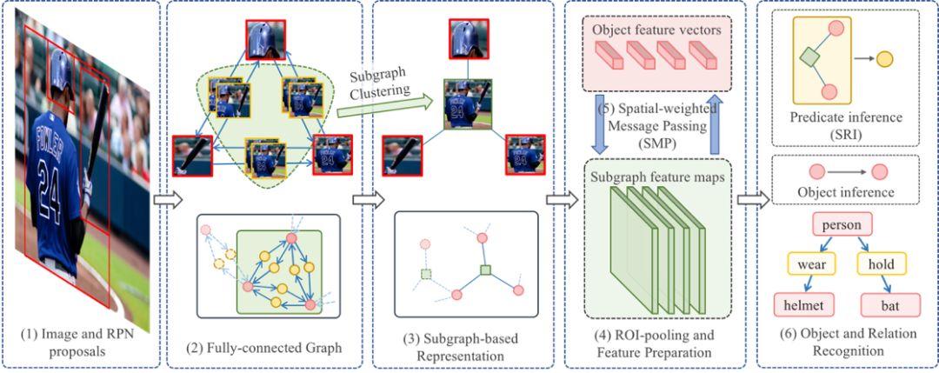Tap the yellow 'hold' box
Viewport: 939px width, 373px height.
(x=881, y=263)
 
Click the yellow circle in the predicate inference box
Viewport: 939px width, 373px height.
(x=883, y=59)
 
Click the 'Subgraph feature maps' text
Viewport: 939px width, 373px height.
(x=656, y=178)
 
